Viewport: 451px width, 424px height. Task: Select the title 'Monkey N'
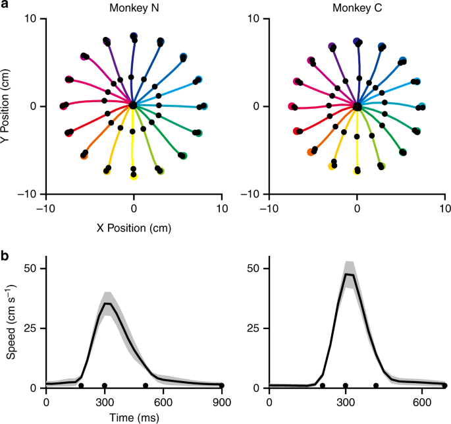click(134, 7)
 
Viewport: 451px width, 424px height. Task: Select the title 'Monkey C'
click(356, 7)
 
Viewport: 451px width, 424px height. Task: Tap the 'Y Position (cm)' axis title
click(9, 106)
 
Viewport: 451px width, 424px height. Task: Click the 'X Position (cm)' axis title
click(134, 227)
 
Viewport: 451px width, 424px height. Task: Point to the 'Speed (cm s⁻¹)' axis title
click(12, 323)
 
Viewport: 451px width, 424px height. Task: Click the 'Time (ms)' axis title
click(134, 417)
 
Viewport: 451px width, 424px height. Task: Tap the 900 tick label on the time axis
click(222, 401)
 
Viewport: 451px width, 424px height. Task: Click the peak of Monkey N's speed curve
click(109, 303)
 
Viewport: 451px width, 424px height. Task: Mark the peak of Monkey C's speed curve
click(348, 274)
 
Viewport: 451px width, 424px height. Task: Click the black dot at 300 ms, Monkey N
click(105, 385)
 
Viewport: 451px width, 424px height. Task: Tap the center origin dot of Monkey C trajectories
click(357, 106)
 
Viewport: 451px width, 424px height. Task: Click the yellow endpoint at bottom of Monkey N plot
click(134, 176)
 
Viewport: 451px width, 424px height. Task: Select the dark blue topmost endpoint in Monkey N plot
click(134, 36)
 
